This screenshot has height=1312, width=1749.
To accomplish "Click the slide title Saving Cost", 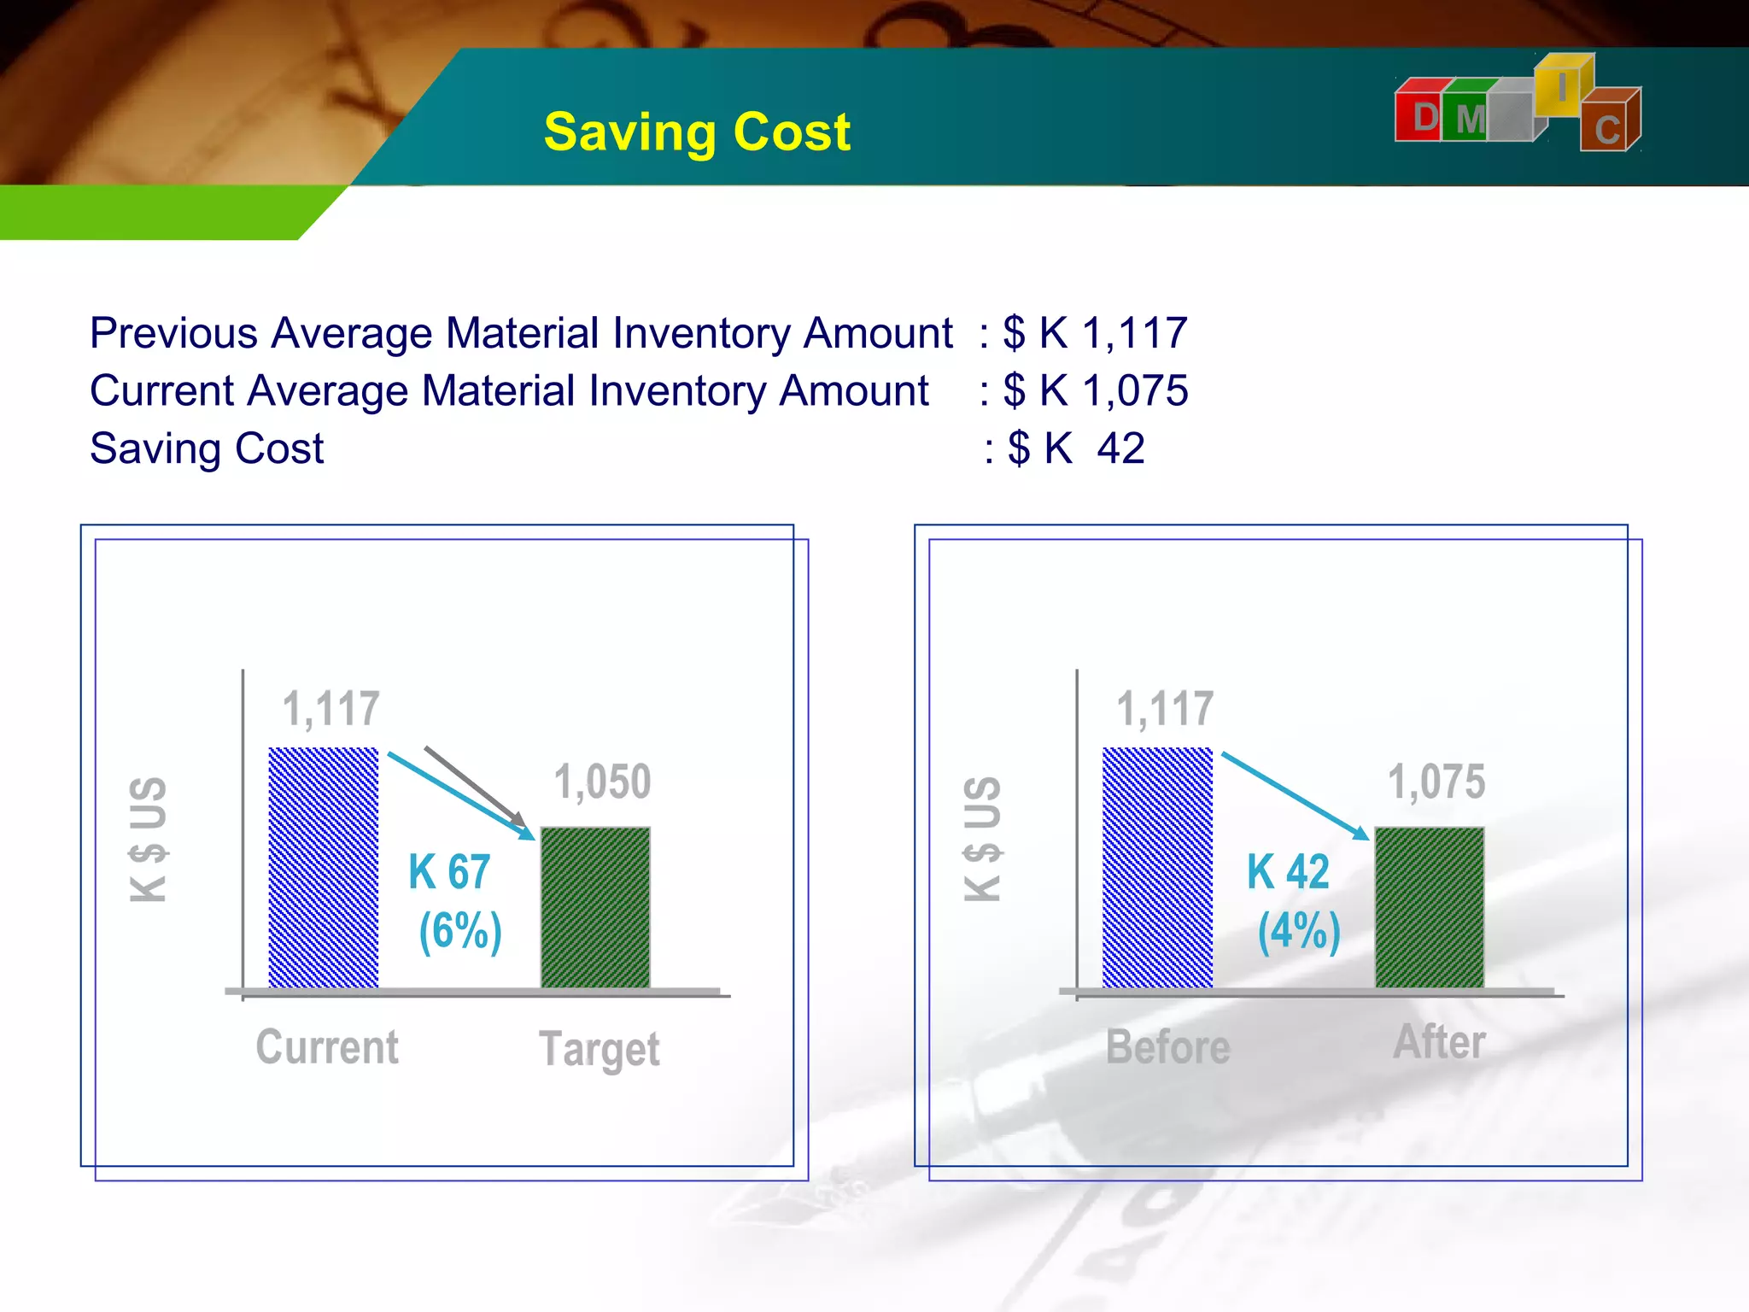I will point(697,132).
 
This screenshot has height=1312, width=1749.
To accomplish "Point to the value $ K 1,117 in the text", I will point(1095,333).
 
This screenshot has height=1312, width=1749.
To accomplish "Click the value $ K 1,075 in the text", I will point(1095,391).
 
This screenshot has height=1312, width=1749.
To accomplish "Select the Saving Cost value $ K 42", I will point(1076,448).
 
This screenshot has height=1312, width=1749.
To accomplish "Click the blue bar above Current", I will point(323,867).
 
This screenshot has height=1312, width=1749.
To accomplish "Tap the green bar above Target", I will point(595,907).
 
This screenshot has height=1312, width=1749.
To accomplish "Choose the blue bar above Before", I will point(1157,867).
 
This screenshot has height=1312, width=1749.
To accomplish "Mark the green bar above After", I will point(1429,907).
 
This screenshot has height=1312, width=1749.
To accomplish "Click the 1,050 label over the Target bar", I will point(602,782).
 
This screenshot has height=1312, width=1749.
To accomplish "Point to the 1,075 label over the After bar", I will point(1436,782).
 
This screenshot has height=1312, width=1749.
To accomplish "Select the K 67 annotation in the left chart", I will point(449,872).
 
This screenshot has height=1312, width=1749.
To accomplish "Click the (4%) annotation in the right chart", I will point(1299,930).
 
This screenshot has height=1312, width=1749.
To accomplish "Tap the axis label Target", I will point(600,1049).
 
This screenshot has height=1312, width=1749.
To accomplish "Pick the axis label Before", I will point(1167,1047).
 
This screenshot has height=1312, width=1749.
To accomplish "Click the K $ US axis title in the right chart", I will point(982,839).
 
